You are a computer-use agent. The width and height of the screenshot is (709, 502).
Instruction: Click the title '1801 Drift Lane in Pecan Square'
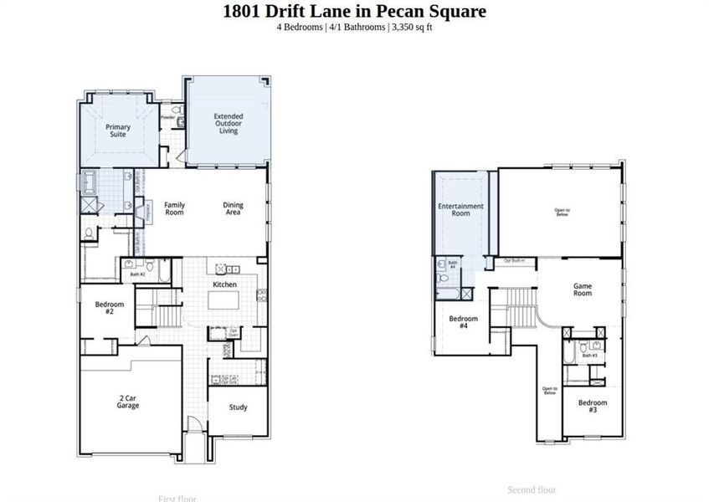point(354,11)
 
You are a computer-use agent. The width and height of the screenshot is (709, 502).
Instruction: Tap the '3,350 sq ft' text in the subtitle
point(411,28)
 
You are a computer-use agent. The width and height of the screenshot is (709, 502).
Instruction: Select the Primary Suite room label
point(118,131)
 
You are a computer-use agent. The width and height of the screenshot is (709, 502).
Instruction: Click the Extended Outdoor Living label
point(229,124)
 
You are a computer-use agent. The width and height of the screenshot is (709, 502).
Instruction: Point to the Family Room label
point(174,208)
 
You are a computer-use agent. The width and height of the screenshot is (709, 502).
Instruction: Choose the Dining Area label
point(232,208)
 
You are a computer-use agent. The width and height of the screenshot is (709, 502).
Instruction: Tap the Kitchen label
point(224,285)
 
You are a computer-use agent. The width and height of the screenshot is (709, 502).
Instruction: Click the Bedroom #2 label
point(109,308)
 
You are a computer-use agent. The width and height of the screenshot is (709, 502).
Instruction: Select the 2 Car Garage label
point(128,402)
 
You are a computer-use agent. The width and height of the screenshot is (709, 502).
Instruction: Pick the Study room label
point(239,407)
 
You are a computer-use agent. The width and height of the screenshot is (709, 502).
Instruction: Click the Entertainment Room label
point(461,209)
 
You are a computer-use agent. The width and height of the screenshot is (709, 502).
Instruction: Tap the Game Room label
point(583,289)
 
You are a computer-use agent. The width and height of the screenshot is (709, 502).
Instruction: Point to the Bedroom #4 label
point(464,322)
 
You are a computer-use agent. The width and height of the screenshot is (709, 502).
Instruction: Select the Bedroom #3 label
point(593,406)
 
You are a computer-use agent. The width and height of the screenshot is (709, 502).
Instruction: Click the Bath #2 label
point(137,274)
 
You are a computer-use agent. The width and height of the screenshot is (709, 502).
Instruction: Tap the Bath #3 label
point(589,356)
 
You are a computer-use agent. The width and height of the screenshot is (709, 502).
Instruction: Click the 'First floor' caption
point(177,499)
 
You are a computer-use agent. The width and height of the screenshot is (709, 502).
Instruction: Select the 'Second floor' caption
point(532,489)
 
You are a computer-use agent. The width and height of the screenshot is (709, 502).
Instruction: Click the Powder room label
point(168,118)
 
